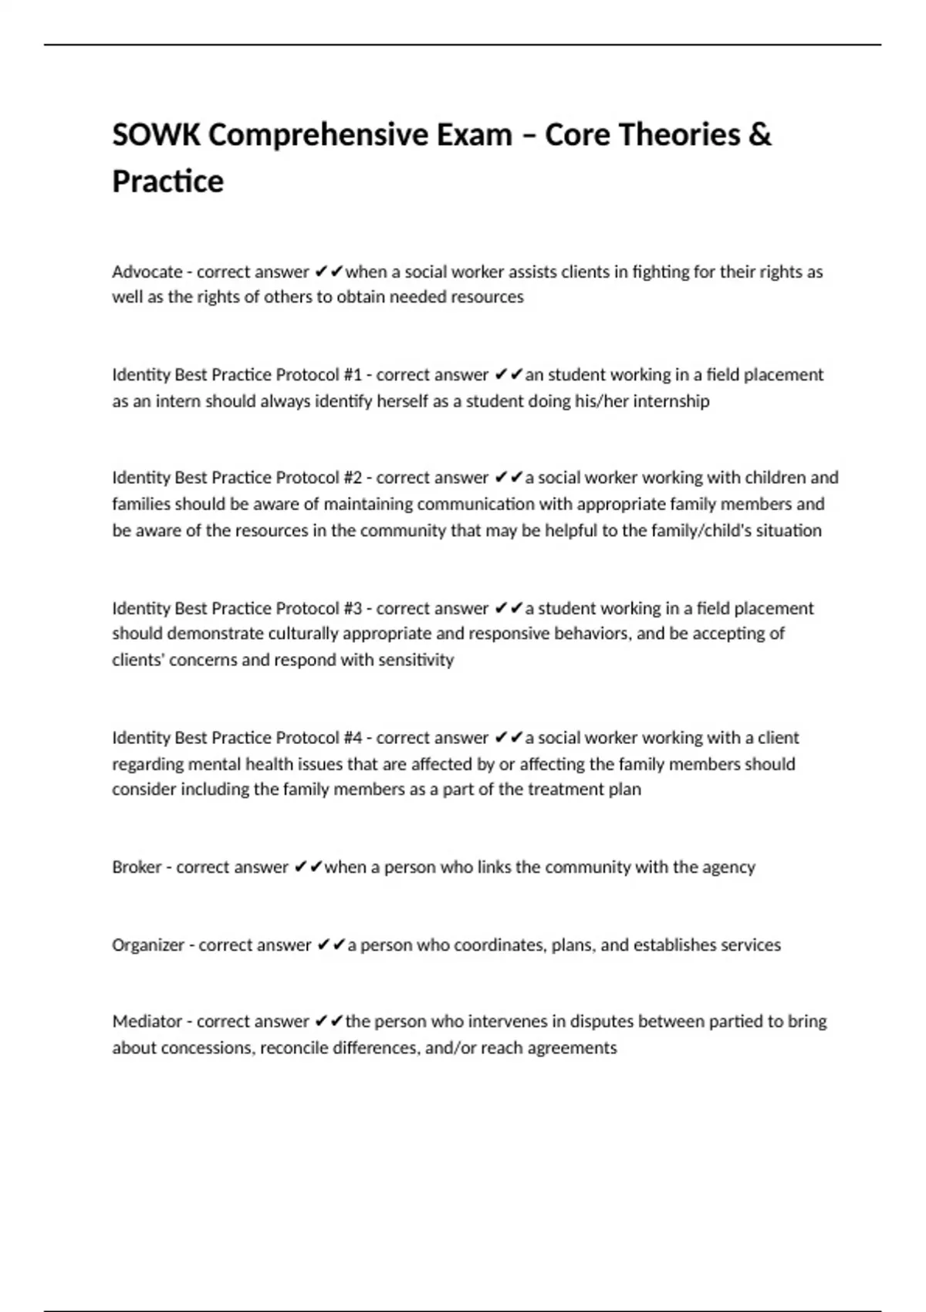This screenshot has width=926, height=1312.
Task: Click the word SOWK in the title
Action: pyautogui.click(x=156, y=135)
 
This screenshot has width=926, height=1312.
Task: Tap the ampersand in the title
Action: pyautogui.click(x=759, y=135)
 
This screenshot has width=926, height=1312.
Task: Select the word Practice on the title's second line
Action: pyautogui.click(x=167, y=181)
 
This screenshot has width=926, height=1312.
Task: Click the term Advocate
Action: pyautogui.click(x=147, y=272)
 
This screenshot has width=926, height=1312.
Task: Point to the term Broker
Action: pyautogui.click(x=137, y=867)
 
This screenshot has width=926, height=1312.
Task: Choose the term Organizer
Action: pyautogui.click(x=148, y=945)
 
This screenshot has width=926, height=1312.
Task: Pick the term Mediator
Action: pyautogui.click(x=147, y=1021)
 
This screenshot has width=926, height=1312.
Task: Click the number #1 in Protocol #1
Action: pyautogui.click(x=353, y=375)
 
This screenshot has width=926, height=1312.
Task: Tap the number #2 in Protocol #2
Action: pyautogui.click(x=353, y=478)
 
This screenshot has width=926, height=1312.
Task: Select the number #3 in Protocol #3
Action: pyautogui.click(x=353, y=608)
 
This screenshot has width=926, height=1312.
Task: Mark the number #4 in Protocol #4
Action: pyautogui.click(x=353, y=738)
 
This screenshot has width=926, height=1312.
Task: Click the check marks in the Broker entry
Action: pyautogui.click(x=308, y=867)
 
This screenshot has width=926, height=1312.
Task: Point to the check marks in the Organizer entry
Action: pyautogui.click(x=331, y=945)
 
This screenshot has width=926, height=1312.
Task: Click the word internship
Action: pyautogui.click(x=671, y=401)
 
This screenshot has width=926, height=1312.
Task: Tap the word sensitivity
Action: pyautogui.click(x=416, y=660)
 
